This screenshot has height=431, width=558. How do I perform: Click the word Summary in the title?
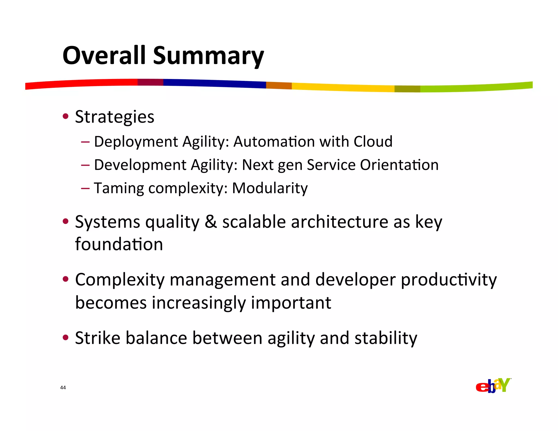(208, 57)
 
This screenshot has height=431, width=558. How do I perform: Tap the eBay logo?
(493, 386)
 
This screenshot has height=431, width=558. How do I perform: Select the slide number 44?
(63, 388)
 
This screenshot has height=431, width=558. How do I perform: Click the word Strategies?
(114, 117)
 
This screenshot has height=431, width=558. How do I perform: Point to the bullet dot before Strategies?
(65, 117)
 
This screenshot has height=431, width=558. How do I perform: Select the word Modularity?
(270, 188)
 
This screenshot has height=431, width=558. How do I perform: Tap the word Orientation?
(399, 165)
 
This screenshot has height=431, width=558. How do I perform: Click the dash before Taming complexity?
(85, 188)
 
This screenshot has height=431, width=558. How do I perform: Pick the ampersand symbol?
(211, 222)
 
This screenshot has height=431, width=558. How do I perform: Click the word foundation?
(119, 244)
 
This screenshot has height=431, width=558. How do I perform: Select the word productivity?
(449, 280)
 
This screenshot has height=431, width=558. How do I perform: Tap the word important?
(291, 303)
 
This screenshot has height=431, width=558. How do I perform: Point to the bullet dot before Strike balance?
(65, 338)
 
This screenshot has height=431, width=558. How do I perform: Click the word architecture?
(339, 222)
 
